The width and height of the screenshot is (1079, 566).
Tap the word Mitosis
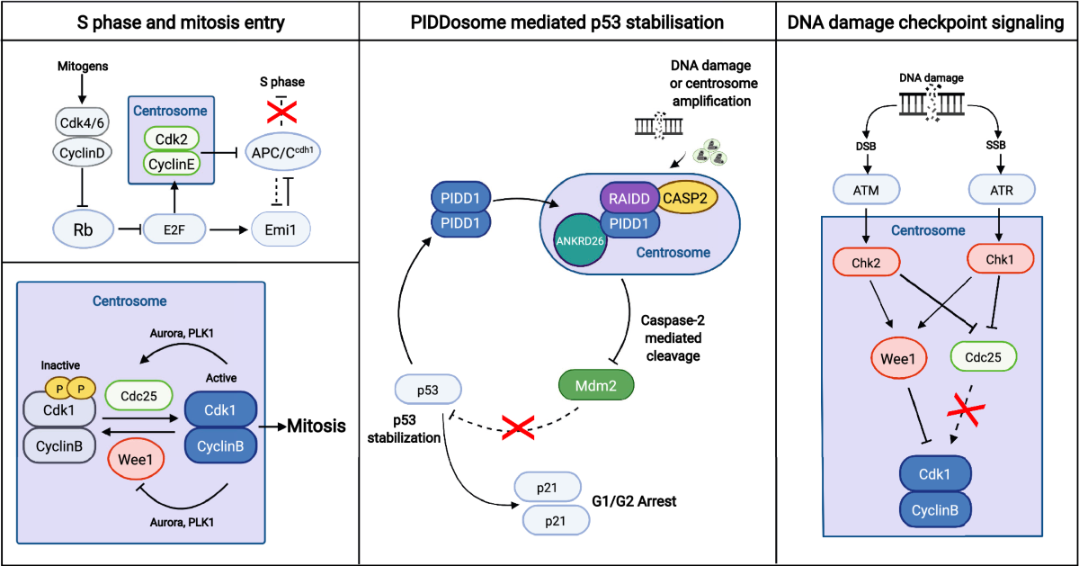click(316, 427)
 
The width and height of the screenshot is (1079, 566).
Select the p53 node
click(428, 391)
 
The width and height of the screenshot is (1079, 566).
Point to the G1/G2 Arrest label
click(634, 500)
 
